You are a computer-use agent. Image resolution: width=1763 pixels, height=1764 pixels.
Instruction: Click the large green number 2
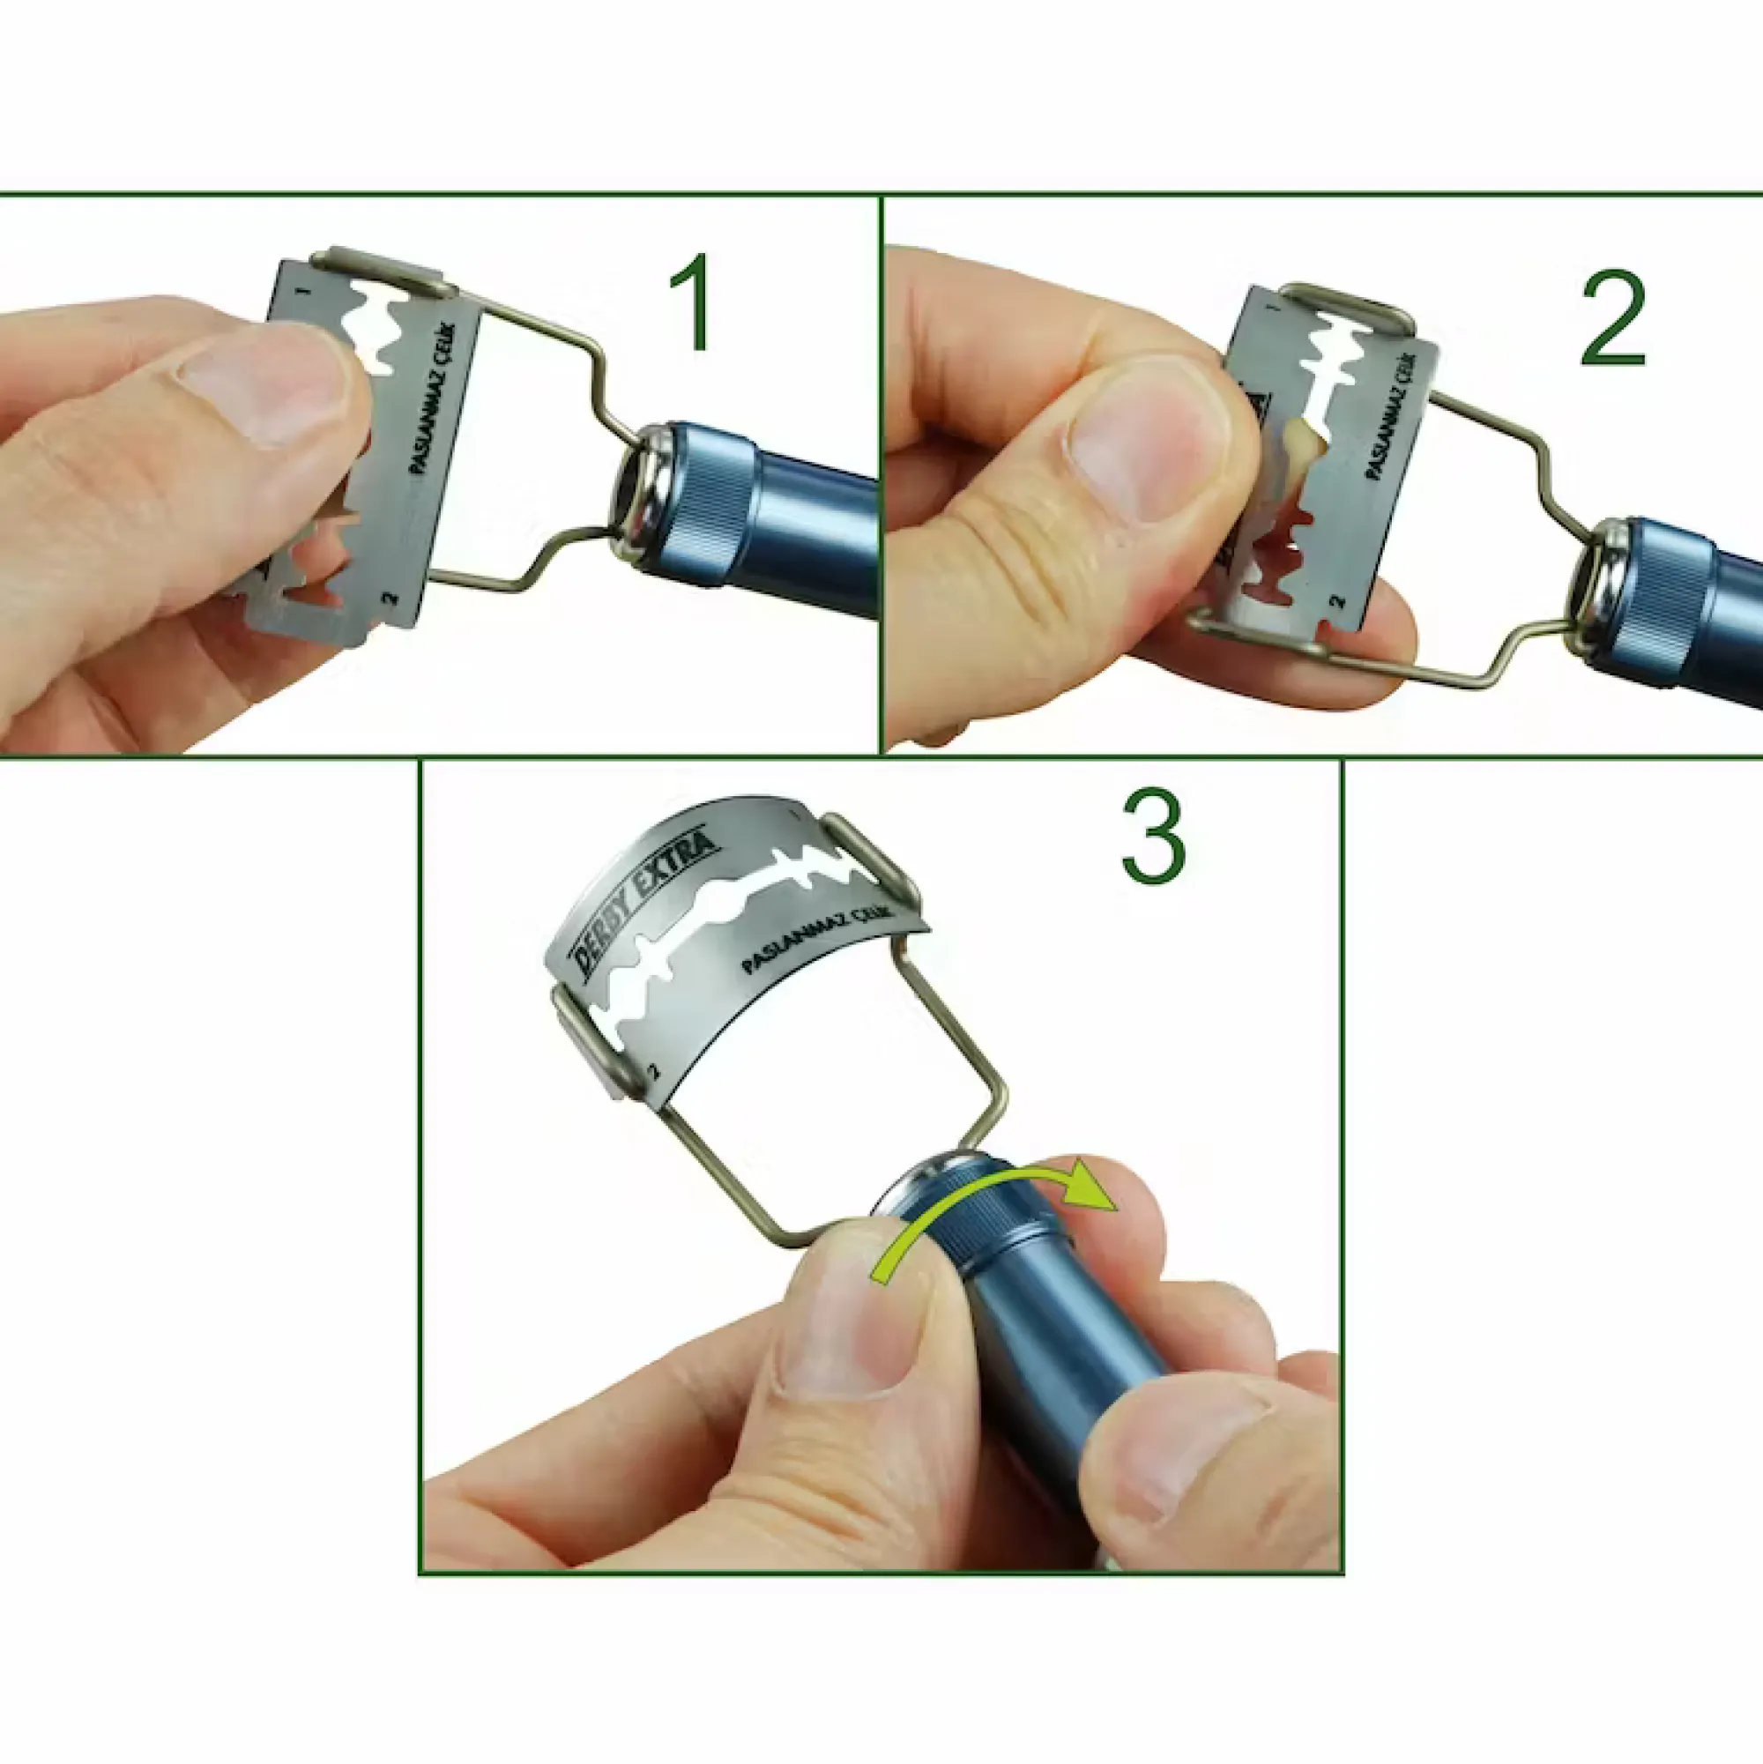pyautogui.click(x=1612, y=318)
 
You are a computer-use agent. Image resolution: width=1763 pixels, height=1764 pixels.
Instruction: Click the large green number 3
pyautogui.click(x=1153, y=838)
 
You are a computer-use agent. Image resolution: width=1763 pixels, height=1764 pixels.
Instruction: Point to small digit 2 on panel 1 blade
pyautogui.click(x=390, y=599)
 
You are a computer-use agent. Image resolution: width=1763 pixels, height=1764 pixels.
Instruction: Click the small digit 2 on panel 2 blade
pyautogui.click(x=1336, y=603)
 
